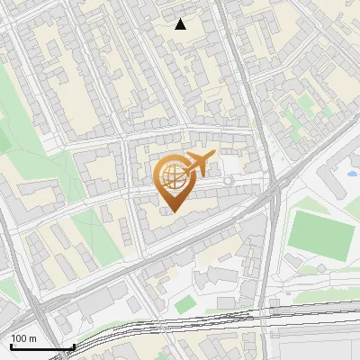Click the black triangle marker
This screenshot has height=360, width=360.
point(181,24)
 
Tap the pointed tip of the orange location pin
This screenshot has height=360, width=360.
point(174,212)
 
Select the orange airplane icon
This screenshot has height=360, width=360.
point(197,165)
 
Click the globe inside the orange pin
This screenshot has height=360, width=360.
point(173,177)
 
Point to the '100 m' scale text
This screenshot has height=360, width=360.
point(23,338)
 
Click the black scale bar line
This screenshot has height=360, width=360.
point(41,347)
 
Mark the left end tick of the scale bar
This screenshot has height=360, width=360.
point(10,346)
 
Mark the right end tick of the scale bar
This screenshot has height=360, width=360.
point(73,346)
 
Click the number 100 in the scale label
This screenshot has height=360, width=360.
point(19,338)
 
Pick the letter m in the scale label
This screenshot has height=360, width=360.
point(32,338)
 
